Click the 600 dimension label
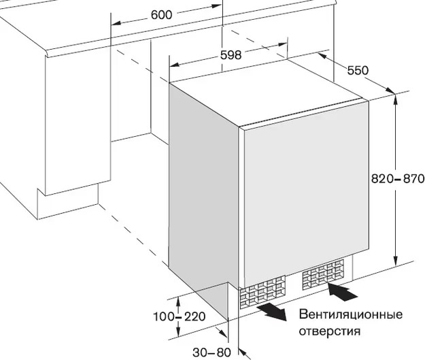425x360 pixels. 161,15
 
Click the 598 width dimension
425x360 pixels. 231,56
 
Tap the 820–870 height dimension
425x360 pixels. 396,179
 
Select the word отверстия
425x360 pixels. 328,331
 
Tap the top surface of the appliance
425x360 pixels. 272,95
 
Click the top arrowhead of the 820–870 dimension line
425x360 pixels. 396,98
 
